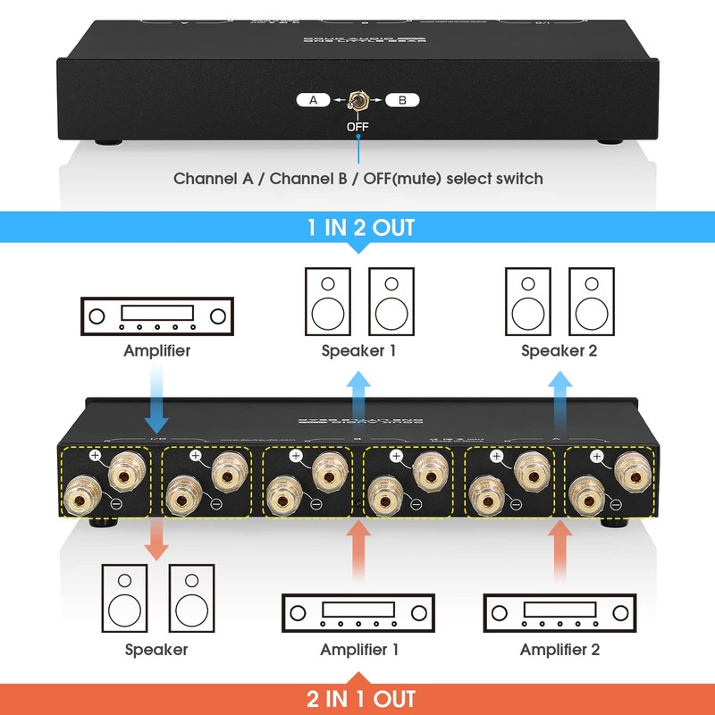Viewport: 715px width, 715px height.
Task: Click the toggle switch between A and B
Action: coord(357,102)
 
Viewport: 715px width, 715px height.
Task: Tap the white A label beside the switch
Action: coord(313,100)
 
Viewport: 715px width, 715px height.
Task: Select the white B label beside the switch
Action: coord(402,100)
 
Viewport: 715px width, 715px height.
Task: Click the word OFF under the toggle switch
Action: coord(357,127)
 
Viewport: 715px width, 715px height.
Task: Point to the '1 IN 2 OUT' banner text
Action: coord(361,228)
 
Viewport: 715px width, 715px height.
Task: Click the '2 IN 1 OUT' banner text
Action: coord(361,698)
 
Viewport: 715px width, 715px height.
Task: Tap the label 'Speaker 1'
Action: coord(358,350)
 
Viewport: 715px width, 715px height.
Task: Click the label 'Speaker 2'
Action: coord(559,350)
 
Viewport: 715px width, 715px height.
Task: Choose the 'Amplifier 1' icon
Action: coord(358,614)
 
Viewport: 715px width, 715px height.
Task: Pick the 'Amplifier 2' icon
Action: coord(559,614)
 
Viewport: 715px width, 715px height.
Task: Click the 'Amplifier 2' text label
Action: coord(559,650)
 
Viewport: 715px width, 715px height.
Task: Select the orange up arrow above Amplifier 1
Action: coord(358,550)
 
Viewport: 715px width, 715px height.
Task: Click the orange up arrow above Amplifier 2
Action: coord(560,550)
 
